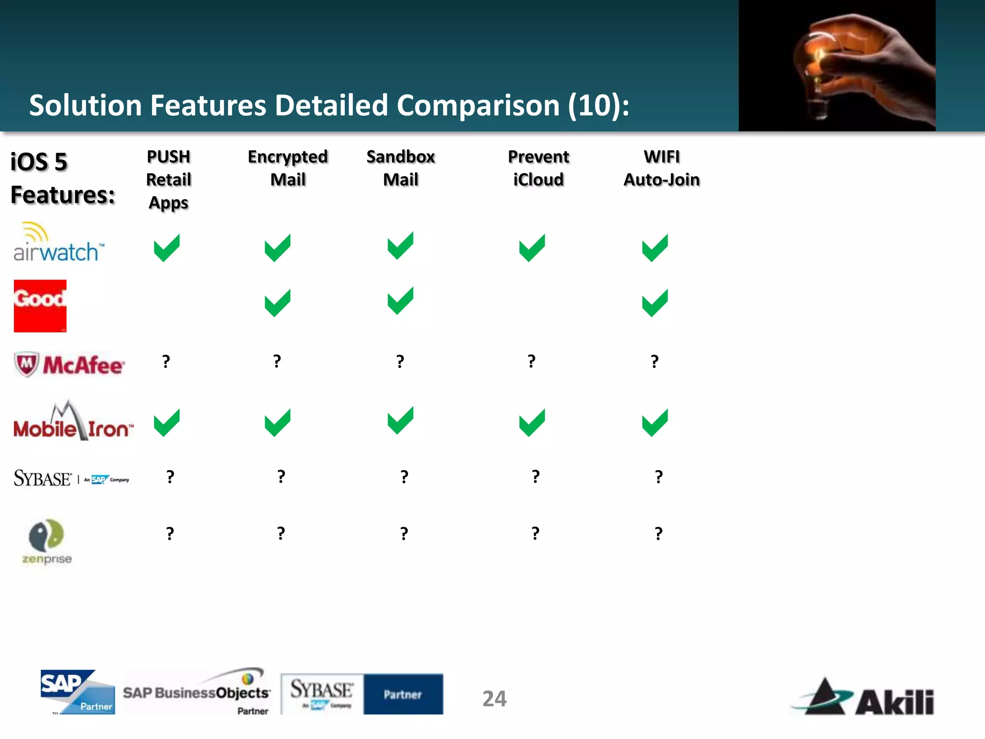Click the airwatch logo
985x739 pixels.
(58, 243)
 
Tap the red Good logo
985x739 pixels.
(40, 306)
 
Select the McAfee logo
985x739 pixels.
(69, 365)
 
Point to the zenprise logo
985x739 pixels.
(47, 541)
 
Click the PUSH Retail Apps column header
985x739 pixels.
(168, 179)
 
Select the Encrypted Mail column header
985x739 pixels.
(288, 168)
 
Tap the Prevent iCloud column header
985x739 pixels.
(538, 168)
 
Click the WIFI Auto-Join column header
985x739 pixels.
(661, 168)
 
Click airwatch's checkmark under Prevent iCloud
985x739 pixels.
(532, 248)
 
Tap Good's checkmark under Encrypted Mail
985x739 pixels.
(278, 303)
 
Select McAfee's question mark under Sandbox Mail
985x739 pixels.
(400, 361)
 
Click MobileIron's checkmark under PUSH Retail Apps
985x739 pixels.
(166, 422)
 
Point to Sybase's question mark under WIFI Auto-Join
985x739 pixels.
(658, 477)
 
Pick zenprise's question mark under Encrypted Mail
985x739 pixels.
(281, 534)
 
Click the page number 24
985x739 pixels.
(494, 699)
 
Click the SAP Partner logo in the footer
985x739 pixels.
(77, 692)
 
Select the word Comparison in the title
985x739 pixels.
(478, 105)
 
